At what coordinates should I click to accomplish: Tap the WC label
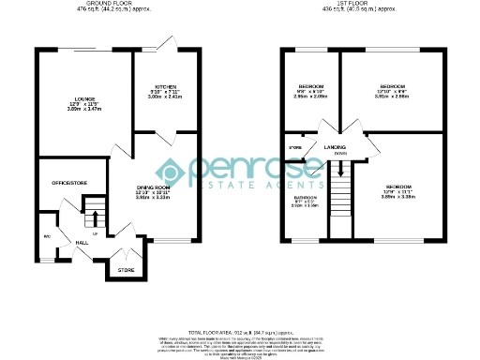[x=46, y=236]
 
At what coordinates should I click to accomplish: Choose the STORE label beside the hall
[x=127, y=270]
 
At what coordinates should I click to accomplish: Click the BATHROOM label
[x=305, y=199]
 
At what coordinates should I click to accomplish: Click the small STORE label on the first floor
[x=295, y=148]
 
